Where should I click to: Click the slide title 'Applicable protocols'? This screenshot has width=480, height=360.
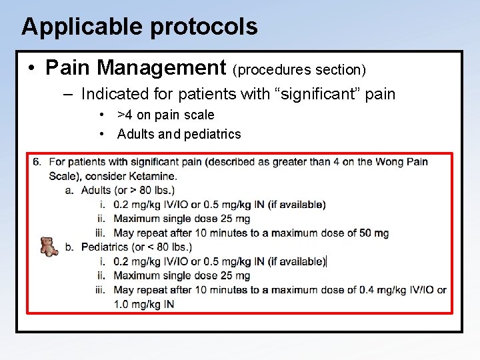[139, 27]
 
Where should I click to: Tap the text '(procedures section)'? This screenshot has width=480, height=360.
[299, 69]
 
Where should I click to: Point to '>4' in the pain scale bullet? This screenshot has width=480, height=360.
[125, 115]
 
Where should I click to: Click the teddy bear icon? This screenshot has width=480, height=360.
[49, 246]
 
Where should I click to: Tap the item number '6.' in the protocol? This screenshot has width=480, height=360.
[37, 162]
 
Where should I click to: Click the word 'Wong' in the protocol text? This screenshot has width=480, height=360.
[391, 162]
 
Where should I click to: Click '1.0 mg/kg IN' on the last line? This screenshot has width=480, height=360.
[144, 305]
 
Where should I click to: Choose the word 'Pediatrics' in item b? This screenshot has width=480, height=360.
[105, 247]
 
